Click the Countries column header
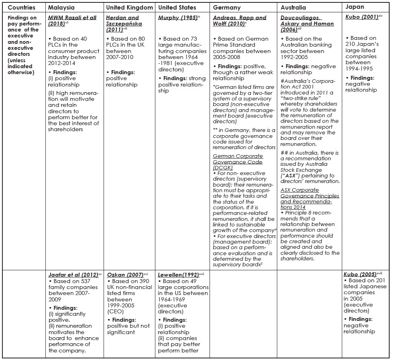[21, 8]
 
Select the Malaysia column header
[61, 8]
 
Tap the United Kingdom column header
[129, 8]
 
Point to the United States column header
[177, 8]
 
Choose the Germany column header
[227, 8]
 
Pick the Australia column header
[293, 8]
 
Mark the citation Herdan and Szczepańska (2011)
[122, 21]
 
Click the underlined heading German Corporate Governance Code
[238, 159]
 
